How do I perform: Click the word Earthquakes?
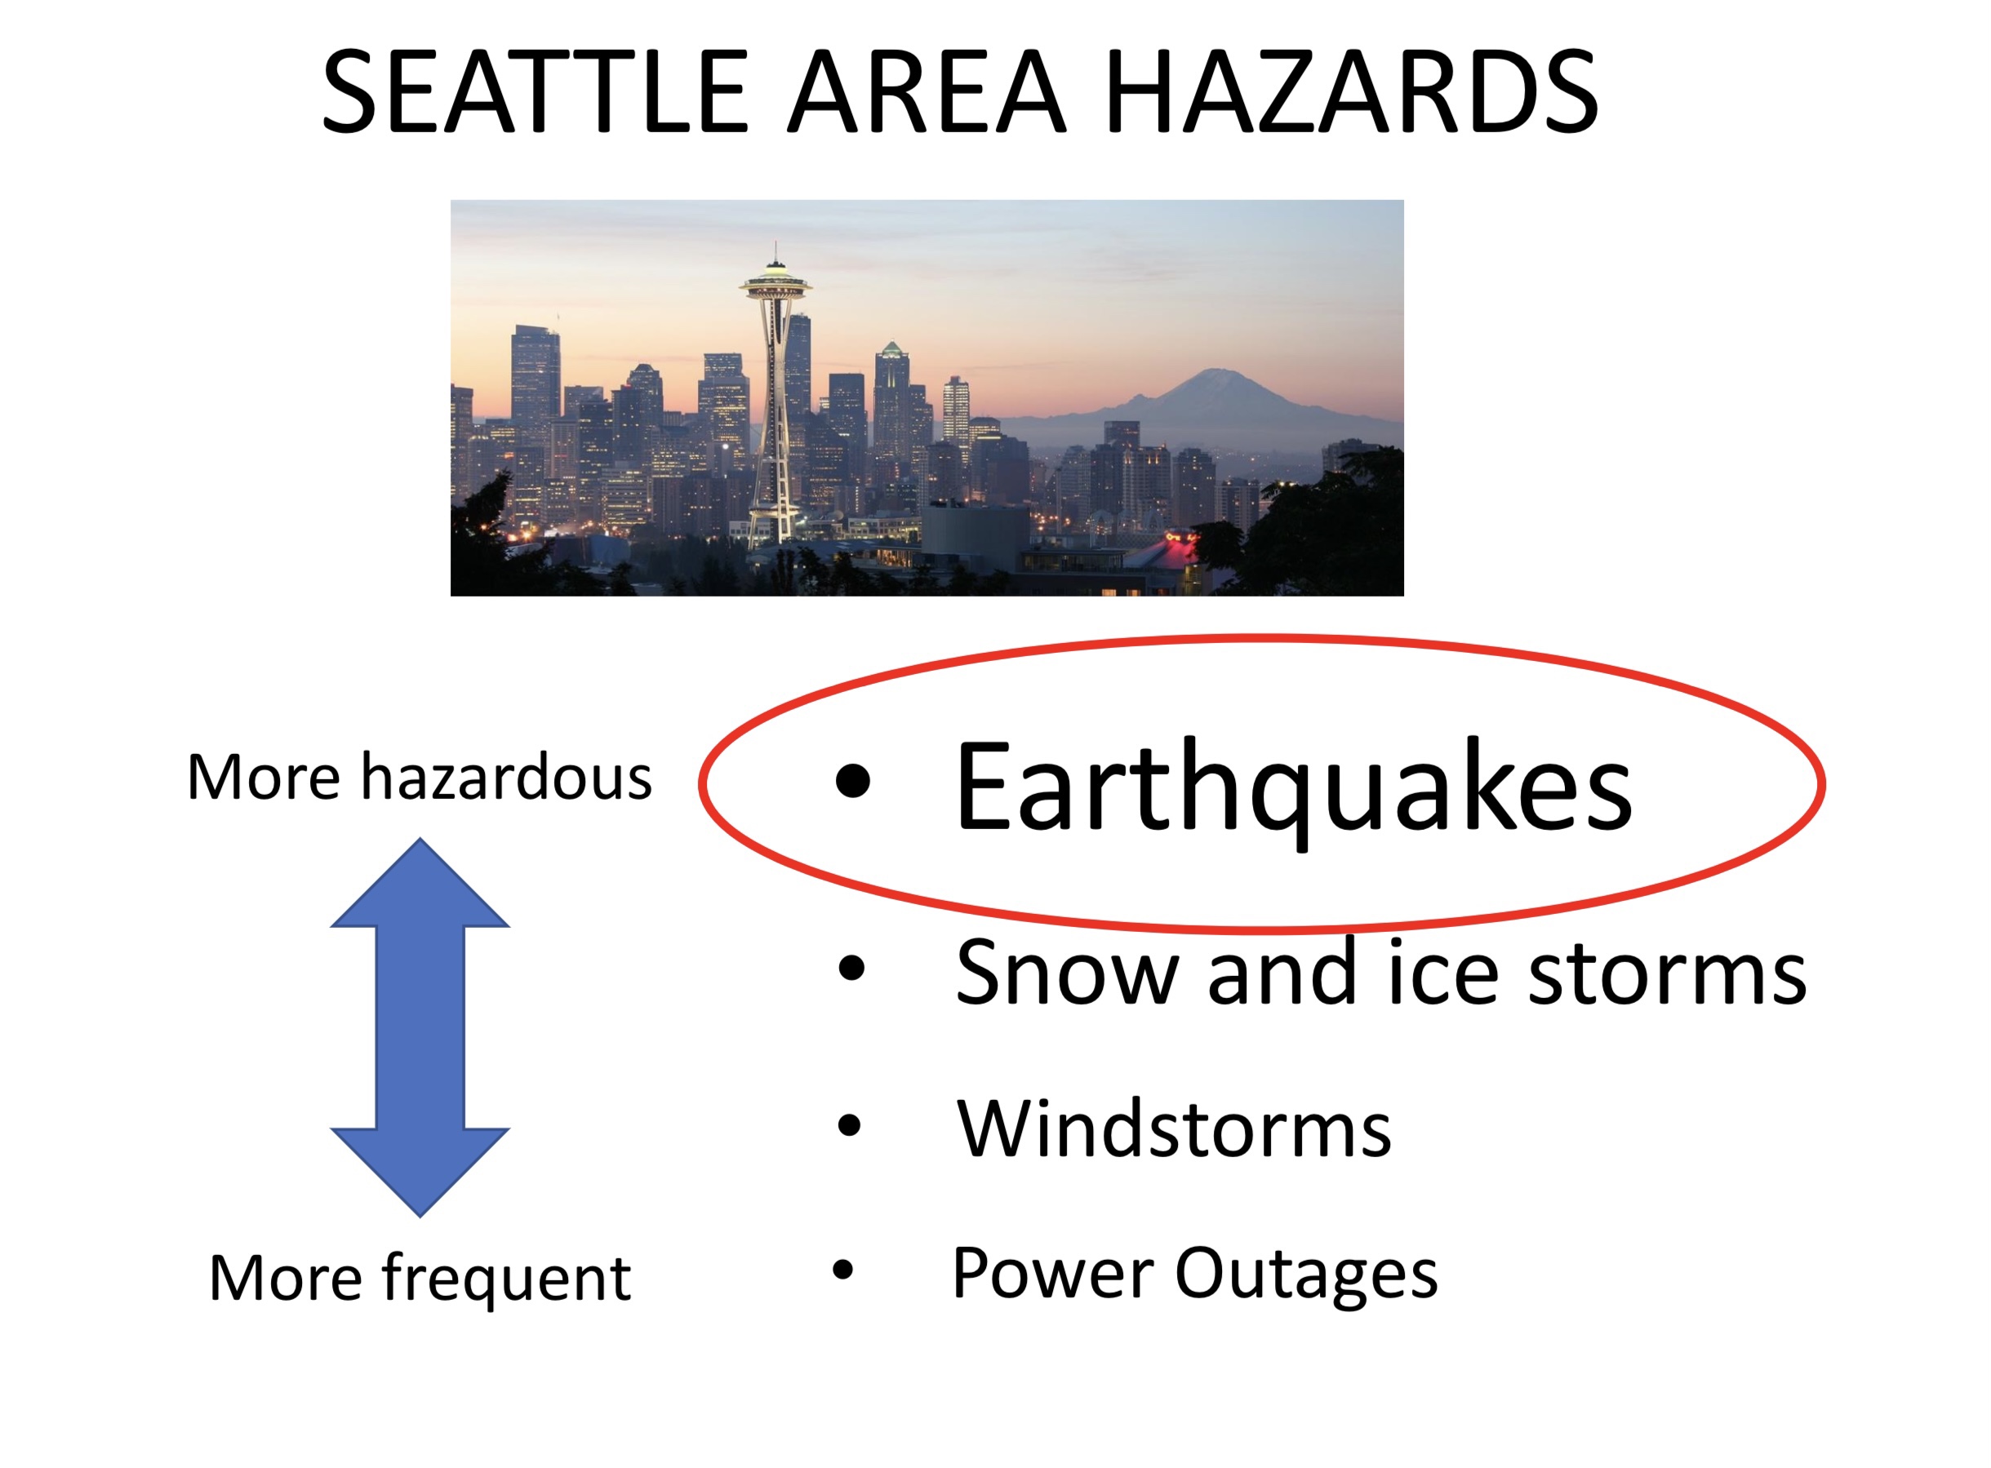point(1293,789)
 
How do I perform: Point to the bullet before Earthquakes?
point(852,780)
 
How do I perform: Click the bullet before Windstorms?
point(850,1125)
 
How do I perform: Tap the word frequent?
point(507,1280)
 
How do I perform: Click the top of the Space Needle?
point(775,242)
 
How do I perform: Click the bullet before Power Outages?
point(842,1271)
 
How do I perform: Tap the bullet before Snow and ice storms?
point(851,968)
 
